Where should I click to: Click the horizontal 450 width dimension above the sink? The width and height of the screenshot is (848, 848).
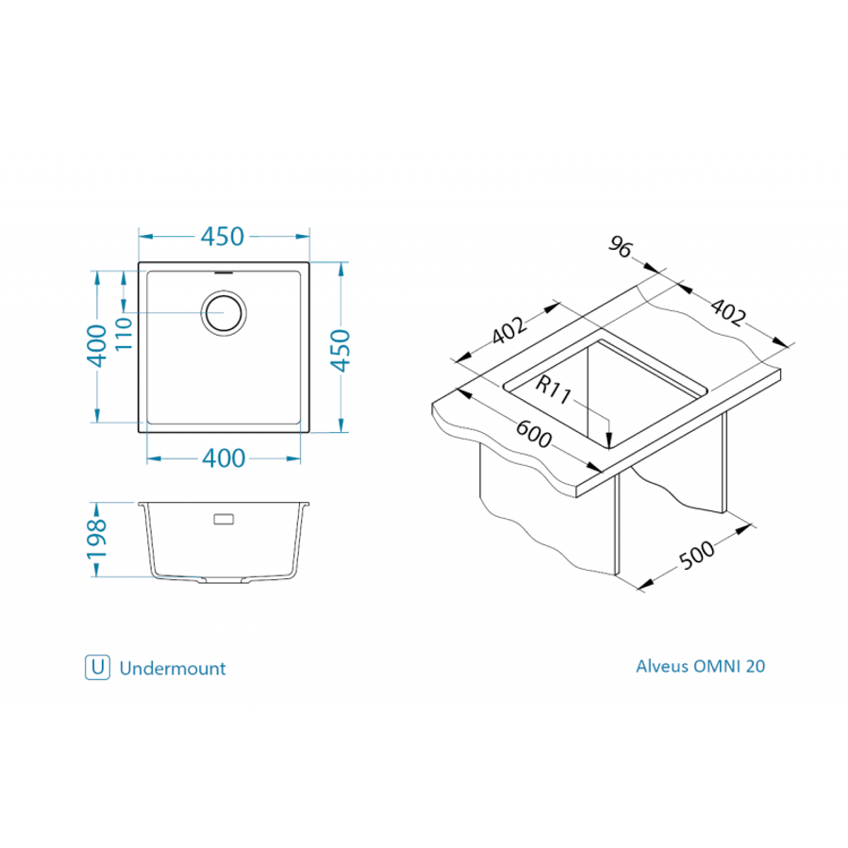pyautogui.click(x=223, y=236)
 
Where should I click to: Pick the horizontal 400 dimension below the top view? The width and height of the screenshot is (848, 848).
pyautogui.click(x=224, y=458)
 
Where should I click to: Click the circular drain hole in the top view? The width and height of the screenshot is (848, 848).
pyautogui.click(x=224, y=312)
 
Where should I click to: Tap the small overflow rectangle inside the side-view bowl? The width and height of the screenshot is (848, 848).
pyautogui.click(x=224, y=519)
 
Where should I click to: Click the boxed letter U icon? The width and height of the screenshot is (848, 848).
pyautogui.click(x=96, y=668)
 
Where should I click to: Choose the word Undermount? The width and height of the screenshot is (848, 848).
pyautogui.click(x=173, y=669)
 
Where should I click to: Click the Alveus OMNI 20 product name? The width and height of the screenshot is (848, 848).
pyautogui.click(x=701, y=666)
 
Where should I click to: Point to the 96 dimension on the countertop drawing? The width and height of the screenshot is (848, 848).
pyautogui.click(x=621, y=248)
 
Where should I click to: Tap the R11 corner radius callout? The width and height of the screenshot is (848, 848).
pyautogui.click(x=555, y=390)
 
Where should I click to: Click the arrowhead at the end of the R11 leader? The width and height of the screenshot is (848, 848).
pyautogui.click(x=610, y=439)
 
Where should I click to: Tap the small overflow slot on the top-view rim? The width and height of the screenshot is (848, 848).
pyautogui.click(x=224, y=271)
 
